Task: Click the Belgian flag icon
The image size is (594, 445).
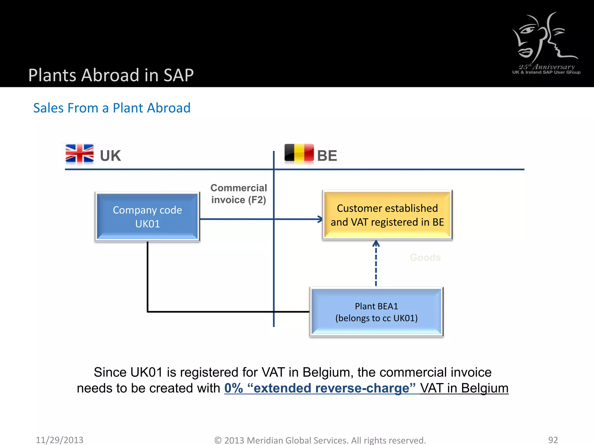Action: click(x=299, y=153)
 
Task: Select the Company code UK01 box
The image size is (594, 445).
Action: click(x=147, y=217)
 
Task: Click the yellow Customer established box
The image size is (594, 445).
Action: click(x=387, y=215)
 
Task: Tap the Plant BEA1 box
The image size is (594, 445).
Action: click(x=376, y=312)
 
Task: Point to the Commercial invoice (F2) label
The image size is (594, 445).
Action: click(x=238, y=194)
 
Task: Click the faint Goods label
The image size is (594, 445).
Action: click(x=425, y=257)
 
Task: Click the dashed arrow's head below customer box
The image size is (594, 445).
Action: click(x=376, y=243)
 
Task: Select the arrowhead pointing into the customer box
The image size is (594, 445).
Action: click(x=320, y=219)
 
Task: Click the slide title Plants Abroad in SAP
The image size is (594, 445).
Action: click(x=111, y=75)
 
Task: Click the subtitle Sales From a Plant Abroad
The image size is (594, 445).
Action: click(x=112, y=108)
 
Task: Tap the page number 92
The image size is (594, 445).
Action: click(x=553, y=440)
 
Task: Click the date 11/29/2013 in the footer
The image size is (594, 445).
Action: click(x=59, y=440)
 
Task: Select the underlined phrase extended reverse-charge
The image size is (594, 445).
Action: click(x=331, y=388)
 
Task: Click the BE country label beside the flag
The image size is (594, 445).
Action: click(x=327, y=156)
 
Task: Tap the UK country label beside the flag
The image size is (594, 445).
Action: click(x=110, y=156)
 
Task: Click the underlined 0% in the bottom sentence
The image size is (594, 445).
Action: click(x=233, y=388)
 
